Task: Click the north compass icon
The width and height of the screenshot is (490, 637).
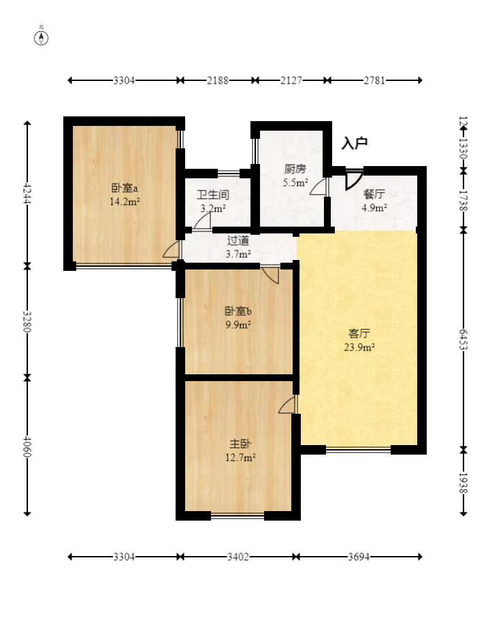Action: click(42, 37)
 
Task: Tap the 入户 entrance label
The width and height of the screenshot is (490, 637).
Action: click(355, 143)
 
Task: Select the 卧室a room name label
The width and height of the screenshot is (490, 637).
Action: click(125, 188)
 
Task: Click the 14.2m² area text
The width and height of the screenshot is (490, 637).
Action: click(125, 201)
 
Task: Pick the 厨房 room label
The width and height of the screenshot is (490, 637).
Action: click(295, 169)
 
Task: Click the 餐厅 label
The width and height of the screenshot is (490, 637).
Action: click(374, 194)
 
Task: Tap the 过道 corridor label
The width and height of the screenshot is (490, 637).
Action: click(238, 240)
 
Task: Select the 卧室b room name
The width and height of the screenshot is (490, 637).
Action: click(238, 311)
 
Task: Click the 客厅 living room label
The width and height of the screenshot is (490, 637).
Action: click(359, 333)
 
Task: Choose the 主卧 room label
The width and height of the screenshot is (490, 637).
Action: click(240, 443)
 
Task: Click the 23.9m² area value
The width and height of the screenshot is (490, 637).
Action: click(359, 347)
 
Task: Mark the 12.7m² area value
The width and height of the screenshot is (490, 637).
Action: click(240, 457)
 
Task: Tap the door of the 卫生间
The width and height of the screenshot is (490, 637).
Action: click(202, 220)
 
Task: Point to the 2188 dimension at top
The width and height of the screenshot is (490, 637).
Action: click(218, 80)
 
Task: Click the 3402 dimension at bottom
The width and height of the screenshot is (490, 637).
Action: click(238, 557)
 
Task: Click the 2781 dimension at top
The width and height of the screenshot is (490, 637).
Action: click(374, 80)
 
